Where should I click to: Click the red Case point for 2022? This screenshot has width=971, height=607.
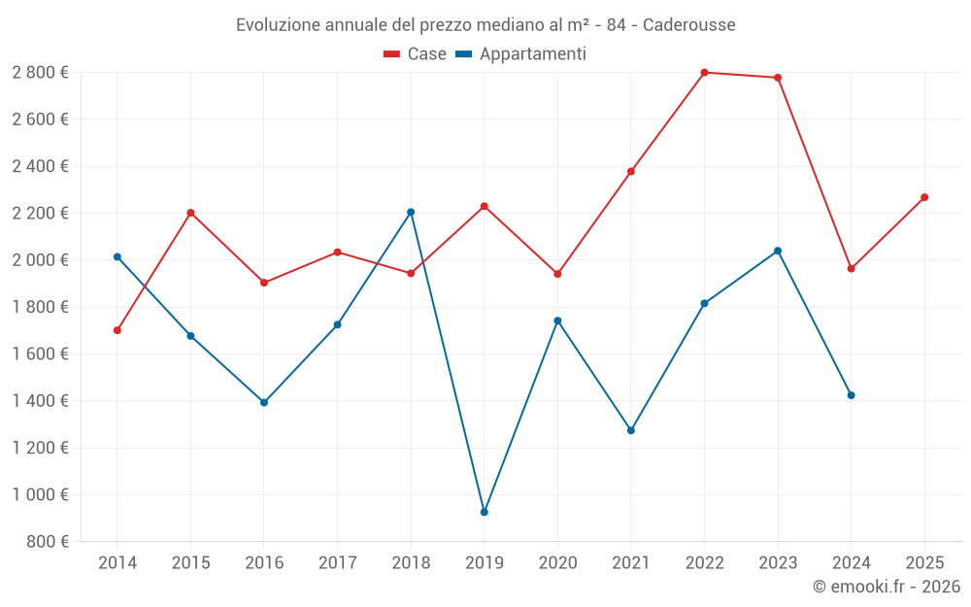[x=704, y=73]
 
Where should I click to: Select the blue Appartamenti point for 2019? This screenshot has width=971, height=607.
[x=485, y=512]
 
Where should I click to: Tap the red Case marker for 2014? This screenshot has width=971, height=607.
[x=117, y=330]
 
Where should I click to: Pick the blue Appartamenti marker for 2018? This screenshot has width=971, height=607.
[x=411, y=212]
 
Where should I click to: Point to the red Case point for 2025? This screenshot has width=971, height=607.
[x=924, y=197]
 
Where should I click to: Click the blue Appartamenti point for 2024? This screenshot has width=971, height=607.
[x=852, y=395]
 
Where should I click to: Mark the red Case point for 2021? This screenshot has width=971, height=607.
[x=631, y=172]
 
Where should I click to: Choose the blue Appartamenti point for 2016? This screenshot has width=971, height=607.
[x=264, y=402]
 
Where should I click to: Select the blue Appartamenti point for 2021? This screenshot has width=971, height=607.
[x=631, y=430]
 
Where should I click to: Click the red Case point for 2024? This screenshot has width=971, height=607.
[x=852, y=268]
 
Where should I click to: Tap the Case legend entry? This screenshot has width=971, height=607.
[x=416, y=54]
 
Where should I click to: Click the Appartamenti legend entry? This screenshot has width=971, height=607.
[x=521, y=54]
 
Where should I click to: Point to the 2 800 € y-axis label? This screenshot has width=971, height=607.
[x=40, y=73]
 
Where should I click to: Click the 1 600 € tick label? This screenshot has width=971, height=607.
[x=40, y=354]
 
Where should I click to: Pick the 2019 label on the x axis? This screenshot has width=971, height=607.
[x=485, y=562]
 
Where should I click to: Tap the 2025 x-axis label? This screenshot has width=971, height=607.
[x=924, y=562]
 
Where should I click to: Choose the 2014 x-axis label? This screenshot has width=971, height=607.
[x=117, y=562]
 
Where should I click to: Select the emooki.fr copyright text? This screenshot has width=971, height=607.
[x=887, y=587]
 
